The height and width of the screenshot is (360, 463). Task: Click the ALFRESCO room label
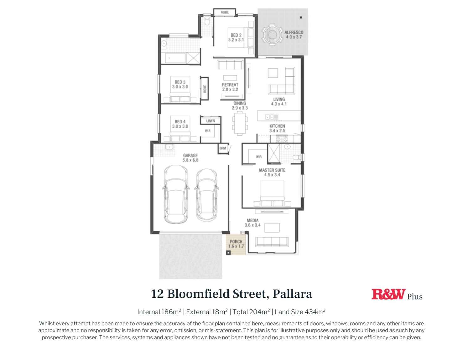(294, 32)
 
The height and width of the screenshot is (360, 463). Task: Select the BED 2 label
(236, 35)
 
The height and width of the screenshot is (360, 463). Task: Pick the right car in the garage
(206, 195)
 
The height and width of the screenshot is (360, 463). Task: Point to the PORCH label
(236, 241)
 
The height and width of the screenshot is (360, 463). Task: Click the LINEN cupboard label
(211, 121)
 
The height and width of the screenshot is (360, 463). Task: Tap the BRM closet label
(222, 148)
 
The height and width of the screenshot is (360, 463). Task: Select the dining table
(240, 124)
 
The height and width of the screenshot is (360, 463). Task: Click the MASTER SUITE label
(272, 170)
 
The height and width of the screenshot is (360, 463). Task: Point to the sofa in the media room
(272, 242)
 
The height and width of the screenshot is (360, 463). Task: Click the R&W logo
(388, 294)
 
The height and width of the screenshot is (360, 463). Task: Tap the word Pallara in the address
(292, 294)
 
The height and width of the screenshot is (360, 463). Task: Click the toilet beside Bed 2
(207, 22)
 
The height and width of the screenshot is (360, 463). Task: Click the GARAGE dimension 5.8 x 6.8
(190, 160)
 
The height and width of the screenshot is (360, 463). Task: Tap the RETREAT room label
(230, 85)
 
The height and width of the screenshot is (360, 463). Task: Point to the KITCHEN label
(277, 126)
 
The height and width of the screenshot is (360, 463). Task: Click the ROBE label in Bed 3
(205, 89)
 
